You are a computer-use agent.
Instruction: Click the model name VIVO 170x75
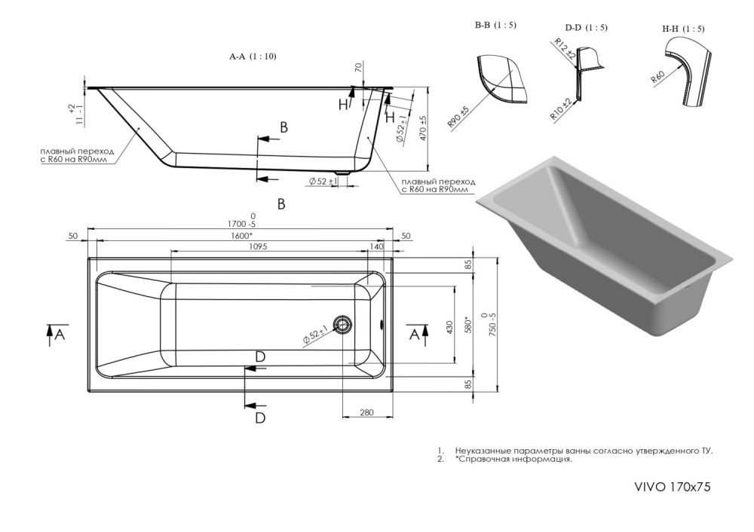(x=673, y=488)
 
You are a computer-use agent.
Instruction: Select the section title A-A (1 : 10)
(x=253, y=56)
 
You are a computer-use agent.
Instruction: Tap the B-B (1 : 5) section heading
(x=495, y=25)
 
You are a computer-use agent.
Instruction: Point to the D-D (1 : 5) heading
(x=586, y=28)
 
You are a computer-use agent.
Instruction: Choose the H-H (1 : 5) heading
(x=683, y=29)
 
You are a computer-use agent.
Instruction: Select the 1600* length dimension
(x=241, y=236)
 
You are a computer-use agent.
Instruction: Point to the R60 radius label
(x=657, y=78)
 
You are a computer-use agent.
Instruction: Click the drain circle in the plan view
(x=344, y=325)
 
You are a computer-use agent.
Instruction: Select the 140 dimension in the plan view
(x=378, y=246)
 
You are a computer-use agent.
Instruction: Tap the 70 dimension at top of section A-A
(x=359, y=68)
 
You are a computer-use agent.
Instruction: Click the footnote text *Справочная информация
(x=513, y=458)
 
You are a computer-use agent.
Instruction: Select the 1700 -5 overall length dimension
(x=241, y=222)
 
